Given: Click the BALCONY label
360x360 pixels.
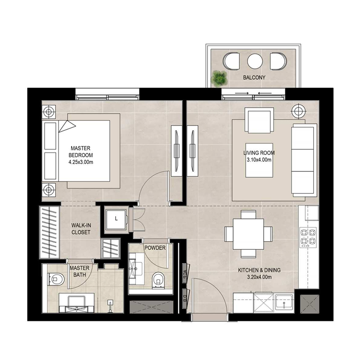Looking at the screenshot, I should click(254, 77).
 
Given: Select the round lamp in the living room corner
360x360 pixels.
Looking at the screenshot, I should click(297, 110).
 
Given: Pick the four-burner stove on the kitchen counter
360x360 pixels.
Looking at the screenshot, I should click(309, 237).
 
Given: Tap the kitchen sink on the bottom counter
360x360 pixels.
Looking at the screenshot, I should click(284, 303).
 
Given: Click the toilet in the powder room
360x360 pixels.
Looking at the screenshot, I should click(158, 279).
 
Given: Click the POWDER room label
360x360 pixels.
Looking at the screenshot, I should click(155, 248).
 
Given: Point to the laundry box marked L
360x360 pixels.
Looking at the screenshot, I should click(117, 219).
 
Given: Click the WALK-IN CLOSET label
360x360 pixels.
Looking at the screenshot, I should click(81, 229).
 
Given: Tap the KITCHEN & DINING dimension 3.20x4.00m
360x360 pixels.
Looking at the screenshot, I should click(260, 277).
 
